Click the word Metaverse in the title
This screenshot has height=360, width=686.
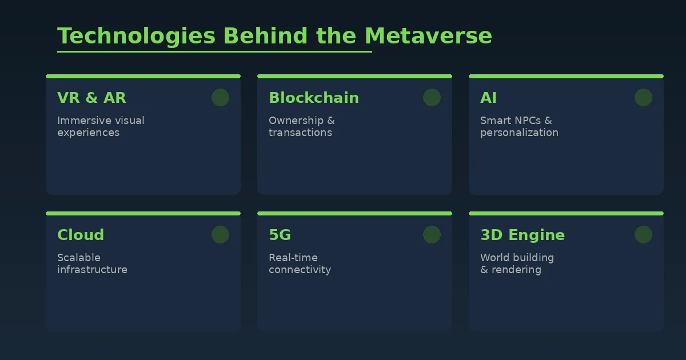tap(428, 36)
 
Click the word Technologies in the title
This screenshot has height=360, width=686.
tap(137, 36)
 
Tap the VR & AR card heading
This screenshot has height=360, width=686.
tap(91, 98)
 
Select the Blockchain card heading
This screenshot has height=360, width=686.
tap(314, 98)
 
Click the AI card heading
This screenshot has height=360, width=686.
tap(488, 98)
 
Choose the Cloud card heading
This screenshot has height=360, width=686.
tap(81, 235)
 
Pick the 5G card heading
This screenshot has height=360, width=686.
tap(280, 235)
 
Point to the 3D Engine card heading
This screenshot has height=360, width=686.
tap(523, 235)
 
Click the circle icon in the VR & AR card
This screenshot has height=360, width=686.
tap(220, 98)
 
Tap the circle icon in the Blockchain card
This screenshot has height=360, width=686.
tap(432, 98)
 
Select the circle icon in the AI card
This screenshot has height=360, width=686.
tap(643, 98)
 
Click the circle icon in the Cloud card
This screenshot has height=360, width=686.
tap(220, 235)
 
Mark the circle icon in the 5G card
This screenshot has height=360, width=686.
tap(432, 235)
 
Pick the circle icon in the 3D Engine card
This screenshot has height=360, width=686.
tap(643, 235)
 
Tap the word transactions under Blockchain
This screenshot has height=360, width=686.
tap(300, 133)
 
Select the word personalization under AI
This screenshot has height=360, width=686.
tap(519, 133)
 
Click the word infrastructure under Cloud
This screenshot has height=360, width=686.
tap(92, 270)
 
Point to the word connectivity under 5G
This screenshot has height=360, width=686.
tap(300, 270)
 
